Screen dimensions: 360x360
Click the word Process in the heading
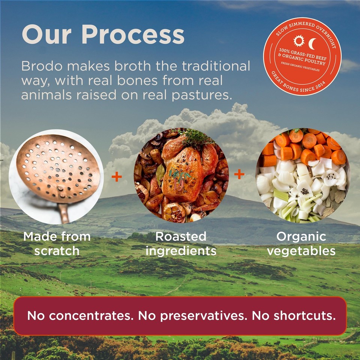click(x=133, y=35)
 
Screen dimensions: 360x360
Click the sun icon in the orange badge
click(x=299, y=41)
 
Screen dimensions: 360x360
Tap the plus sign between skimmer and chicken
click(x=117, y=177)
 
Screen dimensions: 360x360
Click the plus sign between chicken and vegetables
click(x=239, y=174)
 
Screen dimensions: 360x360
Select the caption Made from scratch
click(x=57, y=243)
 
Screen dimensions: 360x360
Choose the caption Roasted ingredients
click(x=181, y=243)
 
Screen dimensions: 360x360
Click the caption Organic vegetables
click(x=301, y=243)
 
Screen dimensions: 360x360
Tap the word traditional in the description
click(x=216, y=66)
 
